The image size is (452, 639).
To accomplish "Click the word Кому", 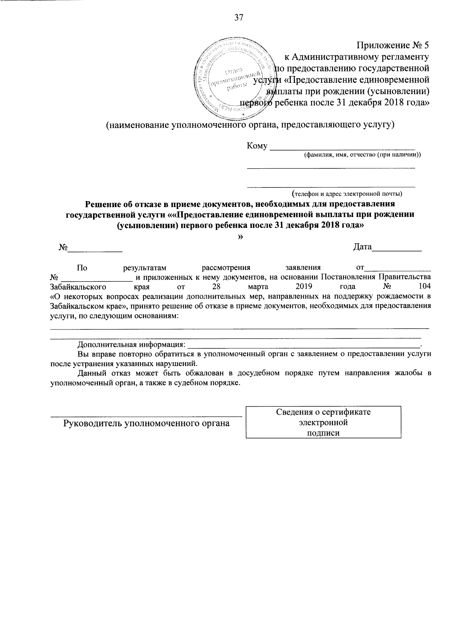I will pyautogui.click(x=257, y=146).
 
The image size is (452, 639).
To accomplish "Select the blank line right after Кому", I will pyautogui.click(x=343, y=148).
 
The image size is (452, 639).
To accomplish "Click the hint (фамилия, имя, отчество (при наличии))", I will pyautogui.click(x=362, y=154).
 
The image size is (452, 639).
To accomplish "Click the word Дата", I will pyautogui.click(x=362, y=247).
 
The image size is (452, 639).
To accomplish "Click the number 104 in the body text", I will pyautogui.click(x=425, y=287).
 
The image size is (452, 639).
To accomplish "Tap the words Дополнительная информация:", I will pyautogui.click(x=131, y=344).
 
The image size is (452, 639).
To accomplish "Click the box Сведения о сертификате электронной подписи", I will pyautogui.click(x=323, y=422).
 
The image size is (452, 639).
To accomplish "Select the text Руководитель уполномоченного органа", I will pyautogui.click(x=146, y=423).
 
